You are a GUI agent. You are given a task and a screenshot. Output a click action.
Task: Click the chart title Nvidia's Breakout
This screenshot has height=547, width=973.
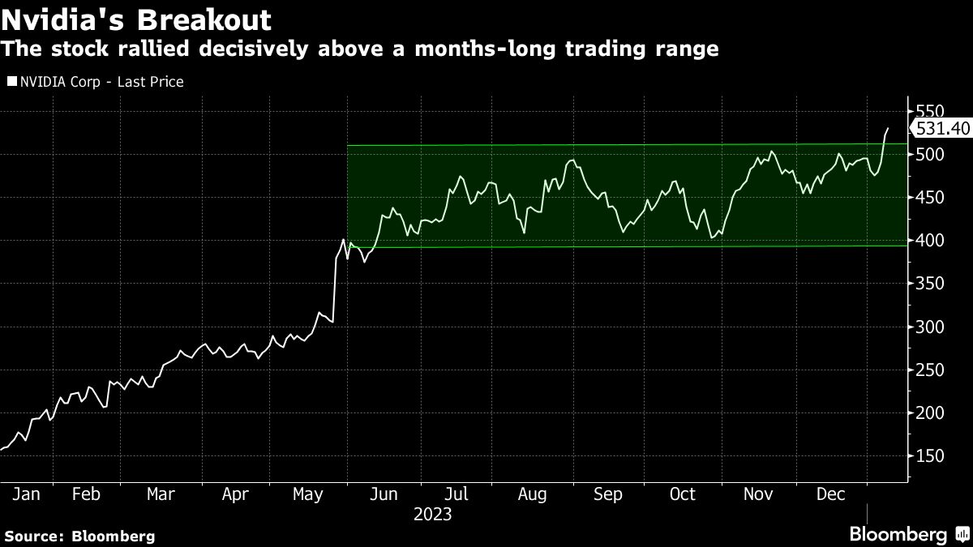point(136,19)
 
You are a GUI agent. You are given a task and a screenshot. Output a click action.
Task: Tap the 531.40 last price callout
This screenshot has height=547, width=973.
point(941,128)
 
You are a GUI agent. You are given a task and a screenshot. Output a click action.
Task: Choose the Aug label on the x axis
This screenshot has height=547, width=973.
point(532,494)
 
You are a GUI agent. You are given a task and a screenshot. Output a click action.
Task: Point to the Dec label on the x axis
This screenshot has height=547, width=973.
point(831,494)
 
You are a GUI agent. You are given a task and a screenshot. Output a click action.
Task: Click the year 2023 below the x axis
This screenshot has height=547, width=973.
point(432,515)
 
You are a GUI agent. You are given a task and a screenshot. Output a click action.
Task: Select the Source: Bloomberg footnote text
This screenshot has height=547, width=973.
point(79,536)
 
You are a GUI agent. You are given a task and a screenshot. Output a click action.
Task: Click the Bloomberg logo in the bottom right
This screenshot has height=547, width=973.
point(907,534)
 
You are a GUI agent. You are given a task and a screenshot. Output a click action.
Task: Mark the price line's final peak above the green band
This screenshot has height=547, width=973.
point(887,128)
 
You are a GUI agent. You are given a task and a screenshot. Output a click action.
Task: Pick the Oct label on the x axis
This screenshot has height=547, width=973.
point(683,494)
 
